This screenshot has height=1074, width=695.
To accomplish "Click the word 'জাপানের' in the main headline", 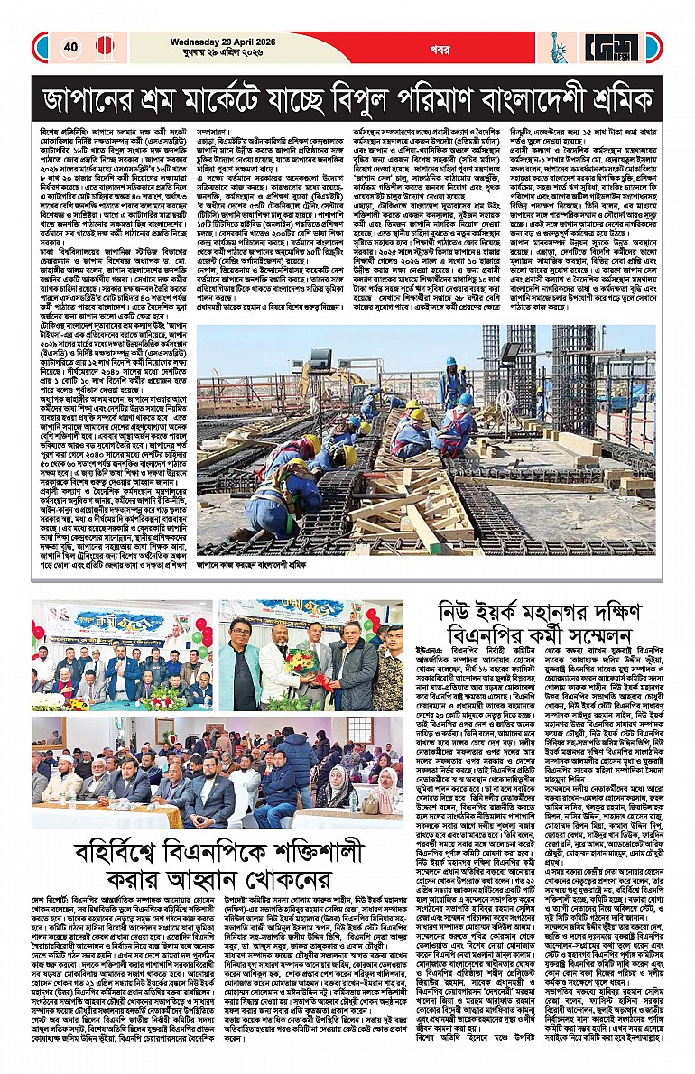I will click(92, 98).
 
